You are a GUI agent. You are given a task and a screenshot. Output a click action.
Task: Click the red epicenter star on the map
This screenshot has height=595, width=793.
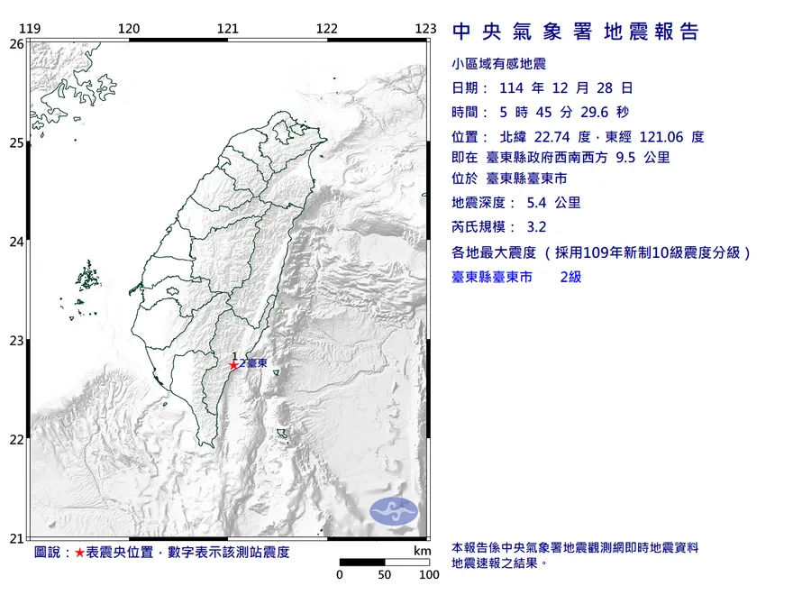pos(233,364)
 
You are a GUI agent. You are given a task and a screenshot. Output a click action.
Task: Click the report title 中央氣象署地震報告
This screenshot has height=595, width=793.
pos(575,32)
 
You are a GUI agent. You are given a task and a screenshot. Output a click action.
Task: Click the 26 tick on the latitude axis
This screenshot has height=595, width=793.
pos(16,43)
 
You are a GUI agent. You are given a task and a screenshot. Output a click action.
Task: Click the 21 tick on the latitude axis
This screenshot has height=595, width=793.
pos(16,538)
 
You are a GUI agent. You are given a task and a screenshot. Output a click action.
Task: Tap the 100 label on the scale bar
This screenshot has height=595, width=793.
pos(428,574)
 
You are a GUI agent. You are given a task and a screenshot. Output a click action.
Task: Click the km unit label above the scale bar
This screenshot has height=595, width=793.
pos(422,551)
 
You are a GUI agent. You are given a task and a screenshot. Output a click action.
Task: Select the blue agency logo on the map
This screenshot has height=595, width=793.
pos(394,510)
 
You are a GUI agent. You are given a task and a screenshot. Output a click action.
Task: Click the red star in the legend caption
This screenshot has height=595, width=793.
pos(80,552)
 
